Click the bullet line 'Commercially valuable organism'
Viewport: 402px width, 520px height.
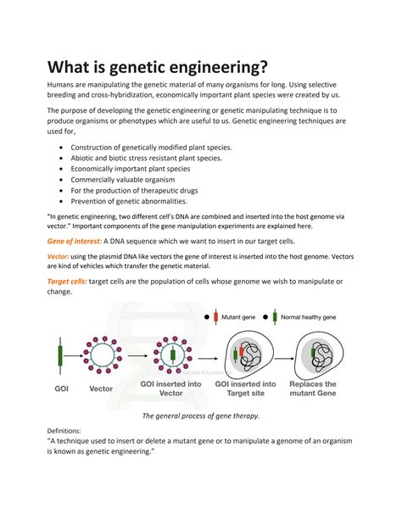(130, 180)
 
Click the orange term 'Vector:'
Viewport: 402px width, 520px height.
(57, 257)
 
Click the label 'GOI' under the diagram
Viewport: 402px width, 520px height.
(59, 389)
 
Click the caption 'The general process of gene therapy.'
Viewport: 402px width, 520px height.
(200, 416)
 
